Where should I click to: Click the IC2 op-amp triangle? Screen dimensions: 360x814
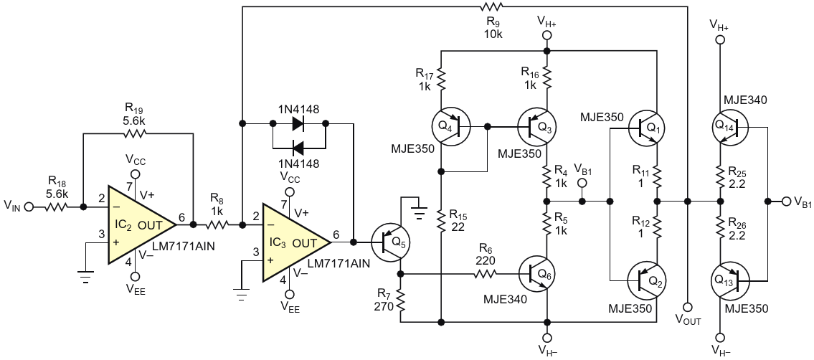coord(139,224)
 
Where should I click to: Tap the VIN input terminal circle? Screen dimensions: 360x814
coord(29,207)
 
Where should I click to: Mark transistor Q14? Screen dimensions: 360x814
coord(729,128)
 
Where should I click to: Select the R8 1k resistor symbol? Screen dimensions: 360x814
coord(216,224)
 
